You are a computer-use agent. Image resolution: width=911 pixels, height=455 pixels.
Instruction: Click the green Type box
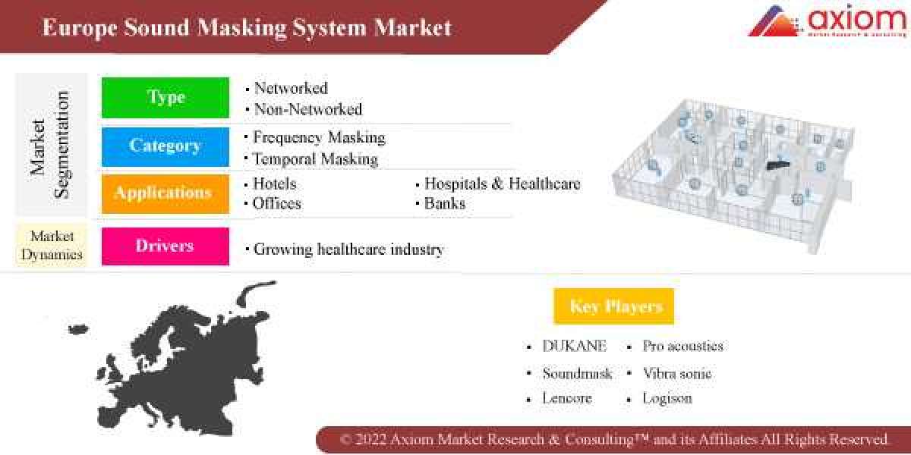(165, 97)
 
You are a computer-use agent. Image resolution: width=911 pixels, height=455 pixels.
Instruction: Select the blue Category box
(165, 146)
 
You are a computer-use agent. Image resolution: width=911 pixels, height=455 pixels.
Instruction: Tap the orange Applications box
(165, 193)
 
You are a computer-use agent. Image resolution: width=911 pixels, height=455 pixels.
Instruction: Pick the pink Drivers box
(165, 246)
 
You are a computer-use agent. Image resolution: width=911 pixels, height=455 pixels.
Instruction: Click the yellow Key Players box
(615, 306)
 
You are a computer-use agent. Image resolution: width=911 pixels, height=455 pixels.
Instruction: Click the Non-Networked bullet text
(307, 109)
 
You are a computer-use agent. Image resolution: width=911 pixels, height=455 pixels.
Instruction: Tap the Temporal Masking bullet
(315, 158)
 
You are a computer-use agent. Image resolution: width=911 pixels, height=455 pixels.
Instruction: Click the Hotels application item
(274, 184)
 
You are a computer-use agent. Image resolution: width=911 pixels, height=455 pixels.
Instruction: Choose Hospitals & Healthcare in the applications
(502, 184)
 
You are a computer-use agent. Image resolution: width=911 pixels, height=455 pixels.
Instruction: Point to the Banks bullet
(445, 203)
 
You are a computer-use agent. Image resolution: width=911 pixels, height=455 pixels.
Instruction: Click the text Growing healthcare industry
(348, 249)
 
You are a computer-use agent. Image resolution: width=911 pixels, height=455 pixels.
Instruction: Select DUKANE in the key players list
(574, 346)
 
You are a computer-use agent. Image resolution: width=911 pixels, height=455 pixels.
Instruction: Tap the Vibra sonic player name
(676, 373)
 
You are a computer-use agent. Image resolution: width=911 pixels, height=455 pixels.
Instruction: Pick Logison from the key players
(667, 398)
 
